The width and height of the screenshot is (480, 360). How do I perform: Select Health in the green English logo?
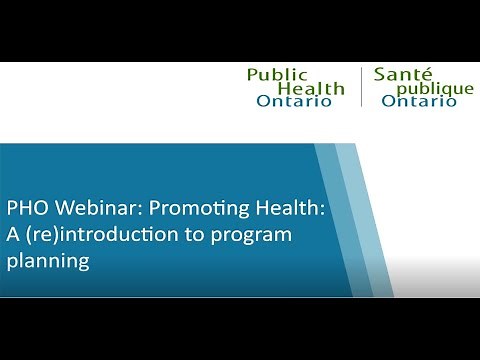(310, 88)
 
